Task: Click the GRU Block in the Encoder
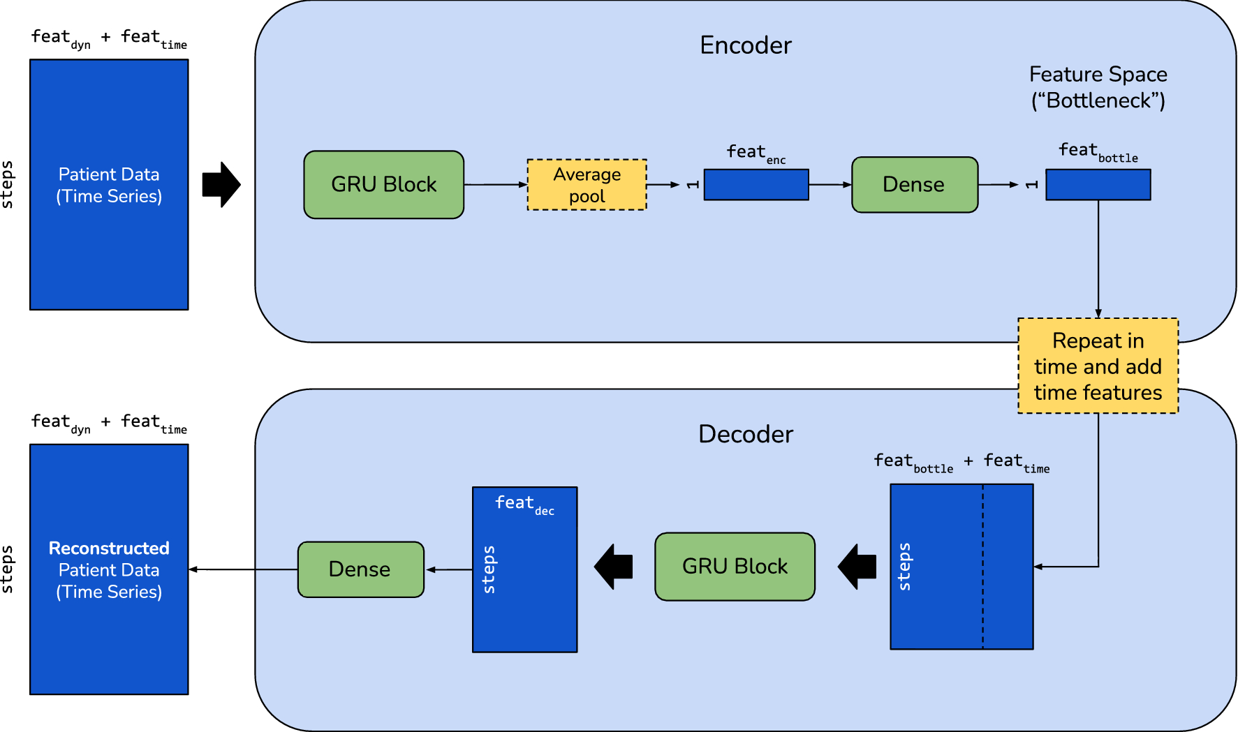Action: point(383,185)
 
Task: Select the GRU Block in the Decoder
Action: point(735,567)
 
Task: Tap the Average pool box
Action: point(587,185)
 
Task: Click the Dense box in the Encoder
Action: point(914,185)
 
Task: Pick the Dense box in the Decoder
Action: point(360,569)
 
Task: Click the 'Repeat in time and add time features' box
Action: point(1098,366)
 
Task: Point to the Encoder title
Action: point(746,45)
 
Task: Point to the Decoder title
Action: point(746,434)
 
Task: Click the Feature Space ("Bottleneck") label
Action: point(1098,87)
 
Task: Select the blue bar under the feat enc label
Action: point(756,185)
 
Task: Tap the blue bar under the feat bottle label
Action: point(1098,185)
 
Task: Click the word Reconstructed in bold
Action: point(109,548)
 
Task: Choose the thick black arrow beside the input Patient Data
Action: point(221,185)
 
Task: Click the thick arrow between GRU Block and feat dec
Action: point(614,567)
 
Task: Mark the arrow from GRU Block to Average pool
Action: point(495,185)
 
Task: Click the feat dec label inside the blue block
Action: point(524,504)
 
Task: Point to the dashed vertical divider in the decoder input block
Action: point(983,567)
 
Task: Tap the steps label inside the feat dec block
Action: point(489,569)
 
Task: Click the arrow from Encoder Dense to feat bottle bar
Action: point(998,185)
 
